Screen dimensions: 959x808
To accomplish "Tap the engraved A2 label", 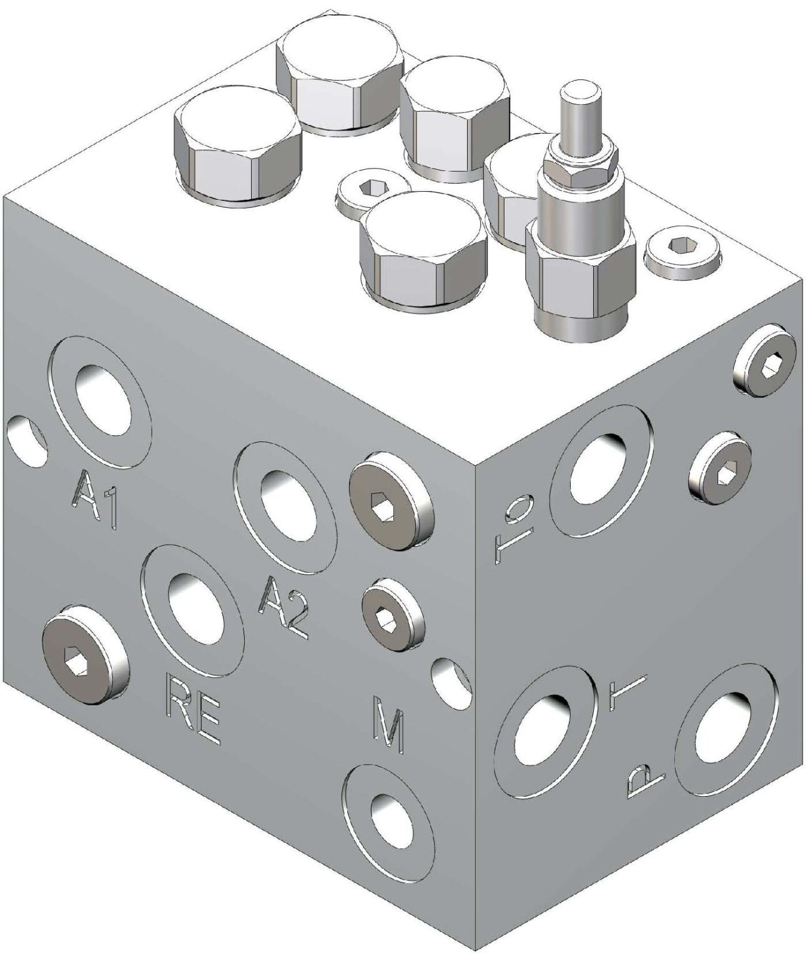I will pos(285,603).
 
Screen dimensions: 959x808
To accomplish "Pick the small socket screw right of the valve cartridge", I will pos(683,252).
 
